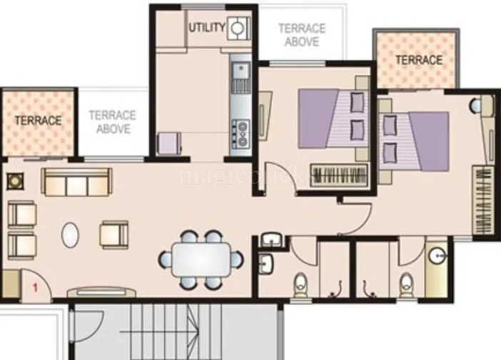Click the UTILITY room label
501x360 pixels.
[x=207, y=28]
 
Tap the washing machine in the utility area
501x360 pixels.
[x=238, y=29]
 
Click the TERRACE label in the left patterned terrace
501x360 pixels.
[x=38, y=121]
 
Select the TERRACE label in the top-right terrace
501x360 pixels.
[x=419, y=60]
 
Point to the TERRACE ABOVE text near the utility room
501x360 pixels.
[x=302, y=35]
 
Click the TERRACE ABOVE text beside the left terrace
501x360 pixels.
[x=113, y=121]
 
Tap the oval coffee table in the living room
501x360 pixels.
[x=70, y=235]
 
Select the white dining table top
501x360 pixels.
[x=200, y=259]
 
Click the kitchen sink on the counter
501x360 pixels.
[x=241, y=71]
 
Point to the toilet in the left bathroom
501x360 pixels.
[x=299, y=284]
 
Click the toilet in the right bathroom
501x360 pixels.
[x=406, y=284]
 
